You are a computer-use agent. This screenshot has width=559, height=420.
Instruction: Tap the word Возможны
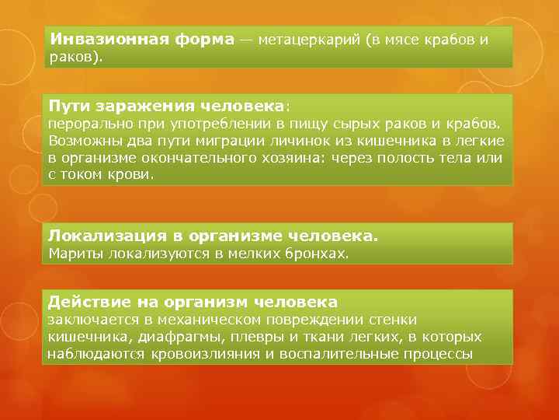(83, 141)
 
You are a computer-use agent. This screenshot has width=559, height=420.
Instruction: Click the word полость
(401, 158)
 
